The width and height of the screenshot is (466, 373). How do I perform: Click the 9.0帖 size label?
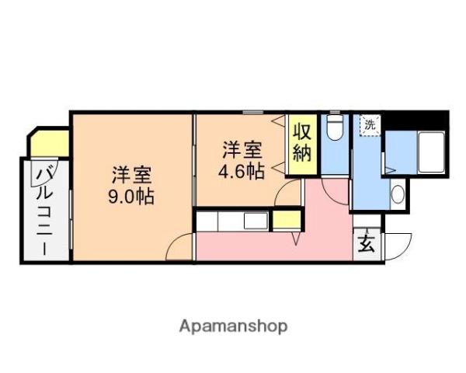pyautogui.click(x=130, y=196)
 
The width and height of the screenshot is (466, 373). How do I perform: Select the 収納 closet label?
pyautogui.click(x=302, y=140)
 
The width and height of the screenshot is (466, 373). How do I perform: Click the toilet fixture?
pyautogui.click(x=334, y=127)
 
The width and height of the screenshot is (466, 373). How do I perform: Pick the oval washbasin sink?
pyautogui.click(x=398, y=193)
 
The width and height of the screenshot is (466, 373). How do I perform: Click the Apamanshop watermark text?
pyautogui.click(x=233, y=326)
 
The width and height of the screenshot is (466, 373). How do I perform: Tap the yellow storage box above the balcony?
pyautogui.click(x=49, y=143)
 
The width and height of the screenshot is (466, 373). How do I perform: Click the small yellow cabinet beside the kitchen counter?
pyautogui.click(x=285, y=220)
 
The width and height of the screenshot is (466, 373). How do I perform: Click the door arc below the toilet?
pyautogui.click(x=335, y=183)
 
